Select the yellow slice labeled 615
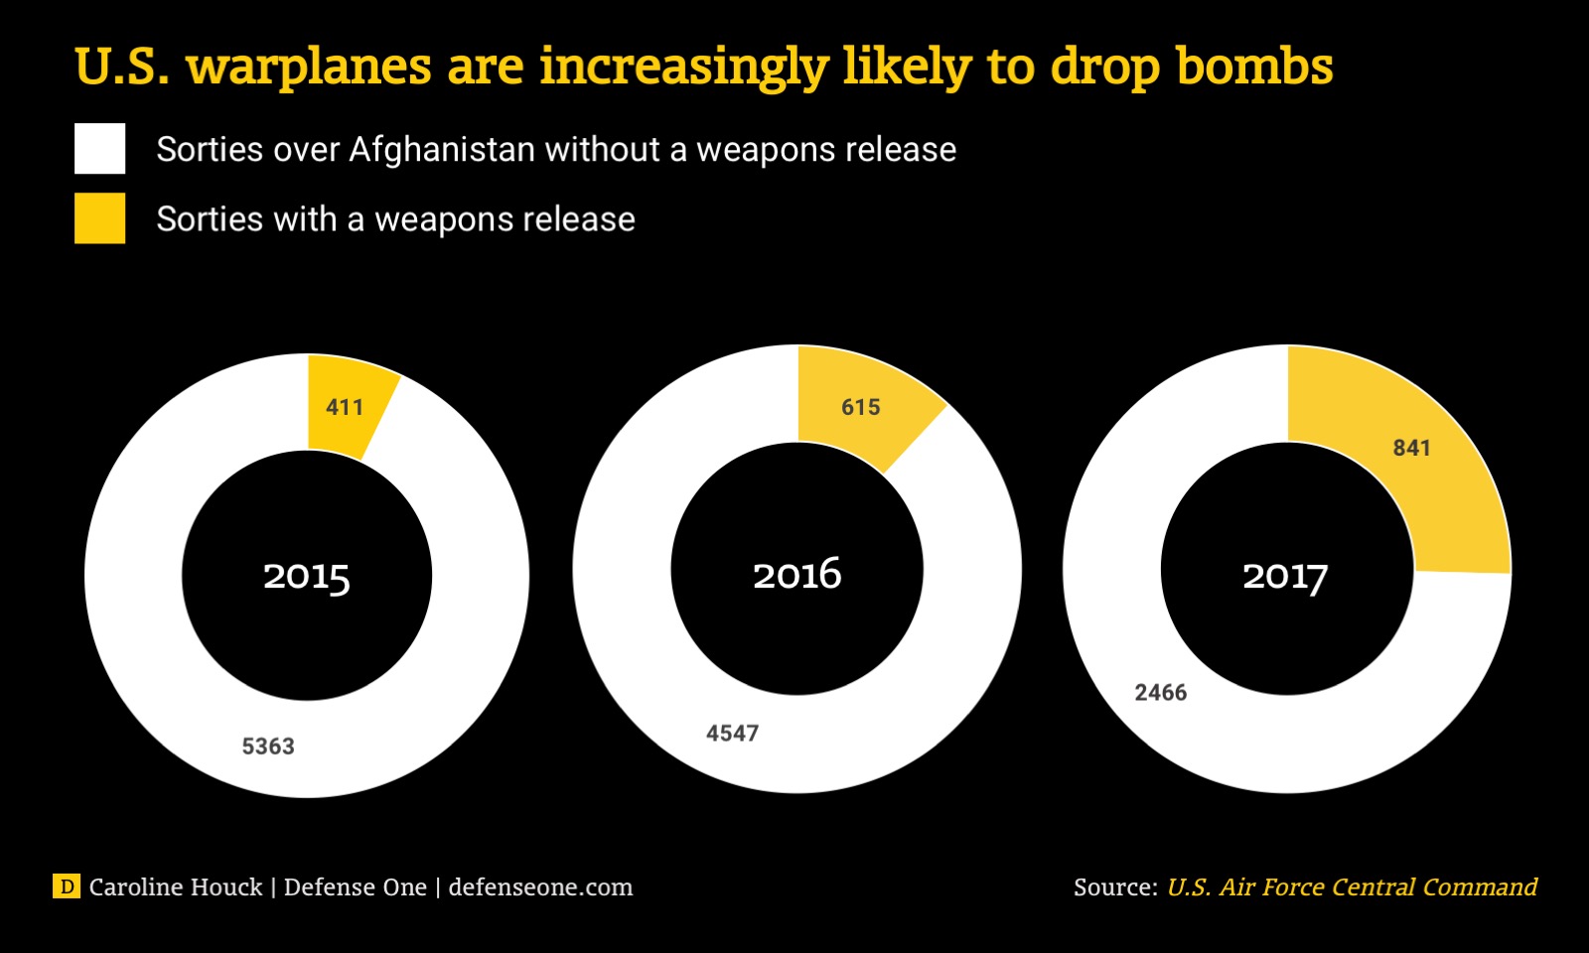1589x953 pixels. [x=860, y=407]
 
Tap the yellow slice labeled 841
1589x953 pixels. [x=1410, y=449]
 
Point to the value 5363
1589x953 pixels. [x=268, y=747]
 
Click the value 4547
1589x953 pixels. [x=732, y=734]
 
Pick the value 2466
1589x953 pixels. [x=1160, y=693]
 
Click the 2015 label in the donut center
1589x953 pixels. [x=306, y=577]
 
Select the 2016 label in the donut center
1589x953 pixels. [x=796, y=575]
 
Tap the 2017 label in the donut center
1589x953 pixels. [x=1285, y=577]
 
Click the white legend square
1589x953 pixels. [x=99, y=149]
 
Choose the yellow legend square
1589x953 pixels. [x=99, y=218]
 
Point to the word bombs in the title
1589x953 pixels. [x=1254, y=68]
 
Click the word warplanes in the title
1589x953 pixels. [x=309, y=68]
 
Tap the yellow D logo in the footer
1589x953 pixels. [x=66, y=886]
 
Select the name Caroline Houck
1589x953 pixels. [x=176, y=887]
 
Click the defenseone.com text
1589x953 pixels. [x=540, y=887]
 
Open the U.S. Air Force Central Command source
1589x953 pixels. [x=1352, y=887]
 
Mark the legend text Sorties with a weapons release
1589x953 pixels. [x=395, y=219]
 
